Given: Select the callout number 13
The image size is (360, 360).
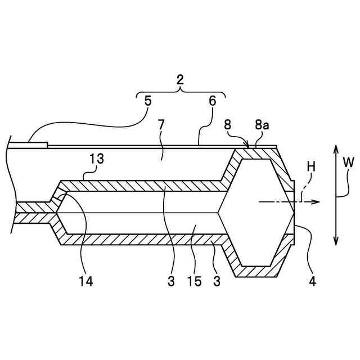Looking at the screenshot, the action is [x=97, y=159].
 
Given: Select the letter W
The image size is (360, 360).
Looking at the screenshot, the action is [x=349, y=163].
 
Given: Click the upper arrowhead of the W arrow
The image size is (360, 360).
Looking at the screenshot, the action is [x=336, y=148].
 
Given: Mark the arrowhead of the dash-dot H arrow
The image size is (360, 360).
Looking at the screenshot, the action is [x=318, y=201].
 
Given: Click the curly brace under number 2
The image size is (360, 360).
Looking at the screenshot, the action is [x=180, y=92].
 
